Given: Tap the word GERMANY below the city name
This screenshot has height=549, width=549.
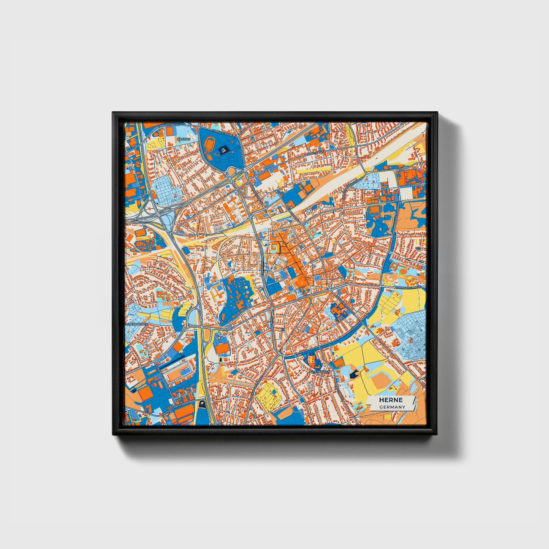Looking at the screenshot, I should [x=392, y=407].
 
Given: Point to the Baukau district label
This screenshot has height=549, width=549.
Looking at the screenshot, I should [x=181, y=139].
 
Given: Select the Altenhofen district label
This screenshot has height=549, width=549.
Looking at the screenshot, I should [x=319, y=371].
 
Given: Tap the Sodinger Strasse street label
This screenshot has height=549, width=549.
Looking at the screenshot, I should [x=408, y=288].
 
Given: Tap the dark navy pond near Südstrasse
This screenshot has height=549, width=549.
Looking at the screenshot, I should [x=202, y=403].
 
